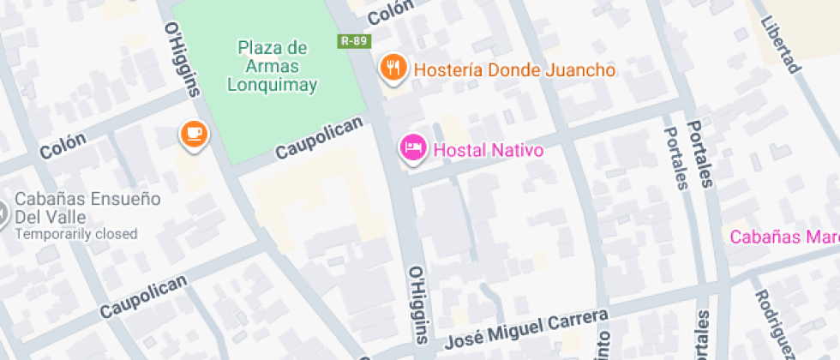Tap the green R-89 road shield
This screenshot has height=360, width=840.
353,40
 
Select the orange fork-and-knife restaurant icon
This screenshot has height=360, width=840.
393,68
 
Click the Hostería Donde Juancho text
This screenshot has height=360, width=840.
514,69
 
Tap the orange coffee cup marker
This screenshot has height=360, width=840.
194,134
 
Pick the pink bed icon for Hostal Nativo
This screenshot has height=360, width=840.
413,148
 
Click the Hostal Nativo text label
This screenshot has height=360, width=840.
489,151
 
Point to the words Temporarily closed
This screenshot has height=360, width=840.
76,234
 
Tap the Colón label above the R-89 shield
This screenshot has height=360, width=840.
390,12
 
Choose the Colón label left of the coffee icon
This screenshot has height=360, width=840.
63,147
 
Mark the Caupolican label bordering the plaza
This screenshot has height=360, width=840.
320,139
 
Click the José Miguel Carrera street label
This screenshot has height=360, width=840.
527,330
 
